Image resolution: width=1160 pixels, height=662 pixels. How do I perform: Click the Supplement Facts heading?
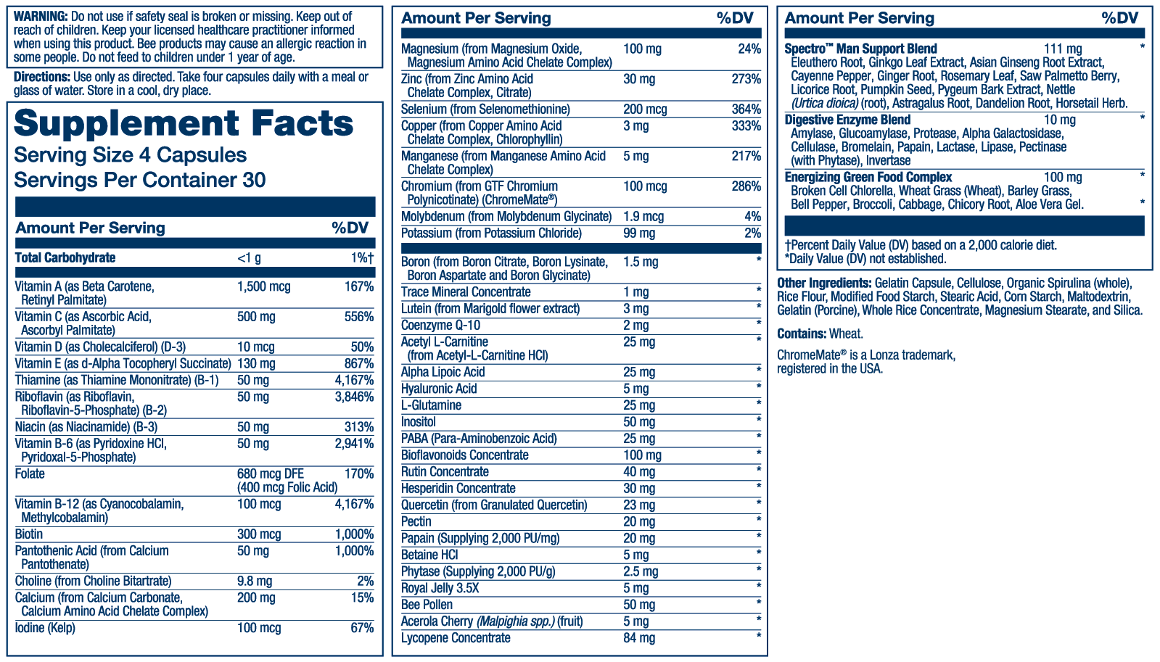click(x=184, y=124)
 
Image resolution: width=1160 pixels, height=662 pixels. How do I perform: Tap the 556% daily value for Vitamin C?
click(x=359, y=317)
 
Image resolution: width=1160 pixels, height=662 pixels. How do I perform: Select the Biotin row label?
click(x=29, y=534)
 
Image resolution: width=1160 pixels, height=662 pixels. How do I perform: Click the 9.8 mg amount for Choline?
click(x=255, y=582)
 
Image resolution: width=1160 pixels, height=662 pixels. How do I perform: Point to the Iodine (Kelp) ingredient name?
click(x=45, y=628)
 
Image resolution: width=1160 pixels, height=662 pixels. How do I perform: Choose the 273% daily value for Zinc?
click(x=746, y=79)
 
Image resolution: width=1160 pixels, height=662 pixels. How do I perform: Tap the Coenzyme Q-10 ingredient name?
click(x=440, y=326)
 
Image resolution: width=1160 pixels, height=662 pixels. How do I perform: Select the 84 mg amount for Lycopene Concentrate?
click(x=639, y=638)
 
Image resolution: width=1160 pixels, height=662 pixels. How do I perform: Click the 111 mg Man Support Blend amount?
click(x=1063, y=49)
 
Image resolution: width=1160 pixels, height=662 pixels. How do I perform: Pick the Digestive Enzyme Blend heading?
click(x=847, y=120)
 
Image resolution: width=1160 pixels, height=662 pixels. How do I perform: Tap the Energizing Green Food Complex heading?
click(x=868, y=177)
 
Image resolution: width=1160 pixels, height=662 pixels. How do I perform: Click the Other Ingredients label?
click(x=824, y=283)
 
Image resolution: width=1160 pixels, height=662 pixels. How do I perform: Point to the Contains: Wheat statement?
click(x=820, y=334)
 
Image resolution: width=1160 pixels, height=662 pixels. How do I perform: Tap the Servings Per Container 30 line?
click(x=140, y=180)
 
